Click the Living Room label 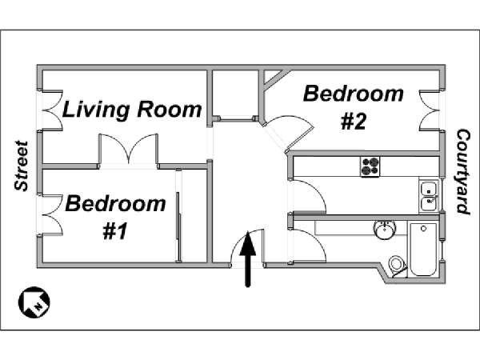132,110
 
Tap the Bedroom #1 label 115,216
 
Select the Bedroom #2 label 354,107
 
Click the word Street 22,166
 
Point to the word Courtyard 463,172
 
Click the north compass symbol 34,302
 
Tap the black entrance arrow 248,259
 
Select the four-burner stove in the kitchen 370,166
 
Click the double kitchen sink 429,196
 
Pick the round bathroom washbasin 385,230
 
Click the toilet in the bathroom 398,265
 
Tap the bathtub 423,250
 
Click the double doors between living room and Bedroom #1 128,150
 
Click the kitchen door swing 307,197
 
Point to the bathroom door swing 307,246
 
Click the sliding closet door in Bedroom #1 178,215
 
